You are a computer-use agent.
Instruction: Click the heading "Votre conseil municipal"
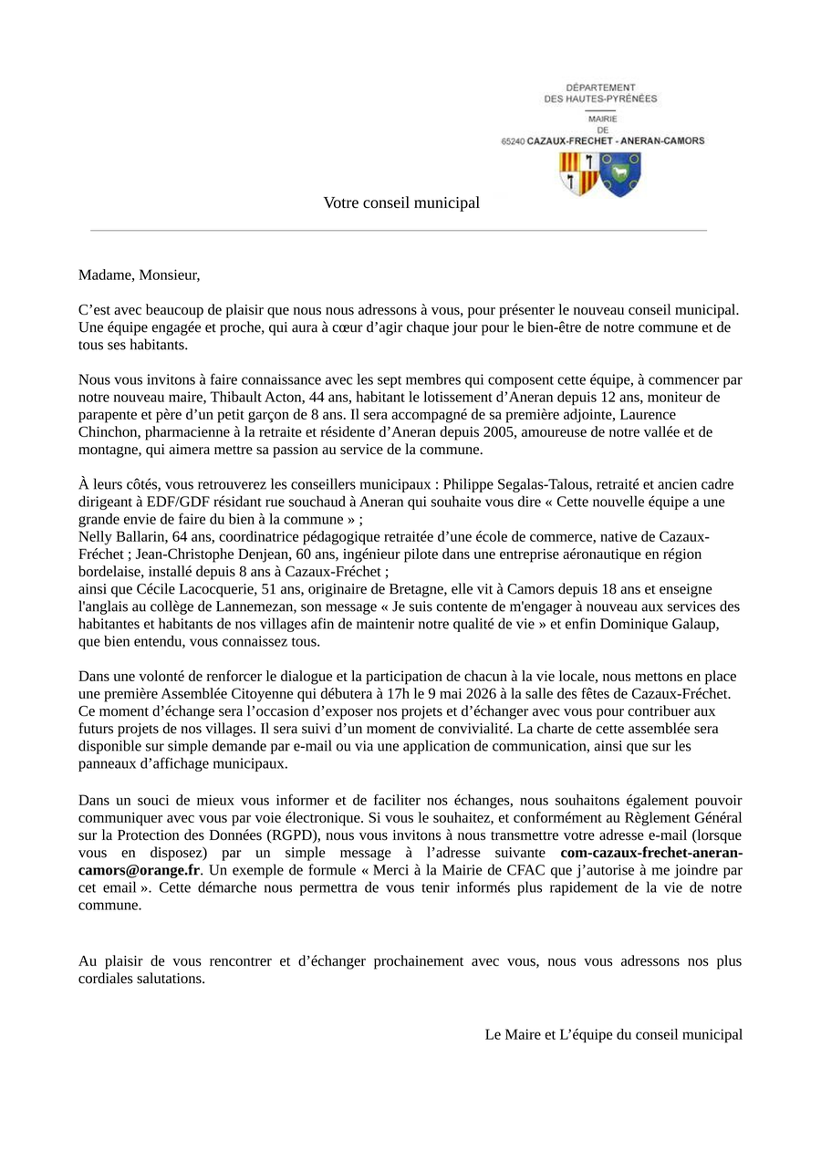pos(401,202)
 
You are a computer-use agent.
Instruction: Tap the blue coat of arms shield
pos(620,173)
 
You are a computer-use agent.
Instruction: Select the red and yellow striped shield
pos(577,173)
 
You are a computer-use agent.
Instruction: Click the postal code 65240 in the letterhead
pos(513,141)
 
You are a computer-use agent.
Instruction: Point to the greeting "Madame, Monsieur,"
pos(139,275)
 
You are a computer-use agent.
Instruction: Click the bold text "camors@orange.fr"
pos(139,870)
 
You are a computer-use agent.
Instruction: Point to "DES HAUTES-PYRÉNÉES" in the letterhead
pos(600,98)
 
